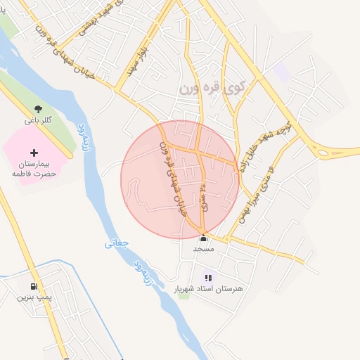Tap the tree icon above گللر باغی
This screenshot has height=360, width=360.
[x=37, y=110]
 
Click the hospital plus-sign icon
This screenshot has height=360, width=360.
[x=33, y=153]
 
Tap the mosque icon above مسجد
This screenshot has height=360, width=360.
[x=203, y=238]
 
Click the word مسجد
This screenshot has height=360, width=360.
[x=203, y=249]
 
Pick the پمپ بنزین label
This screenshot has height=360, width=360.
[x=32, y=297]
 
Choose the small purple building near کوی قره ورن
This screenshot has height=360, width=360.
[x=282, y=72]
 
